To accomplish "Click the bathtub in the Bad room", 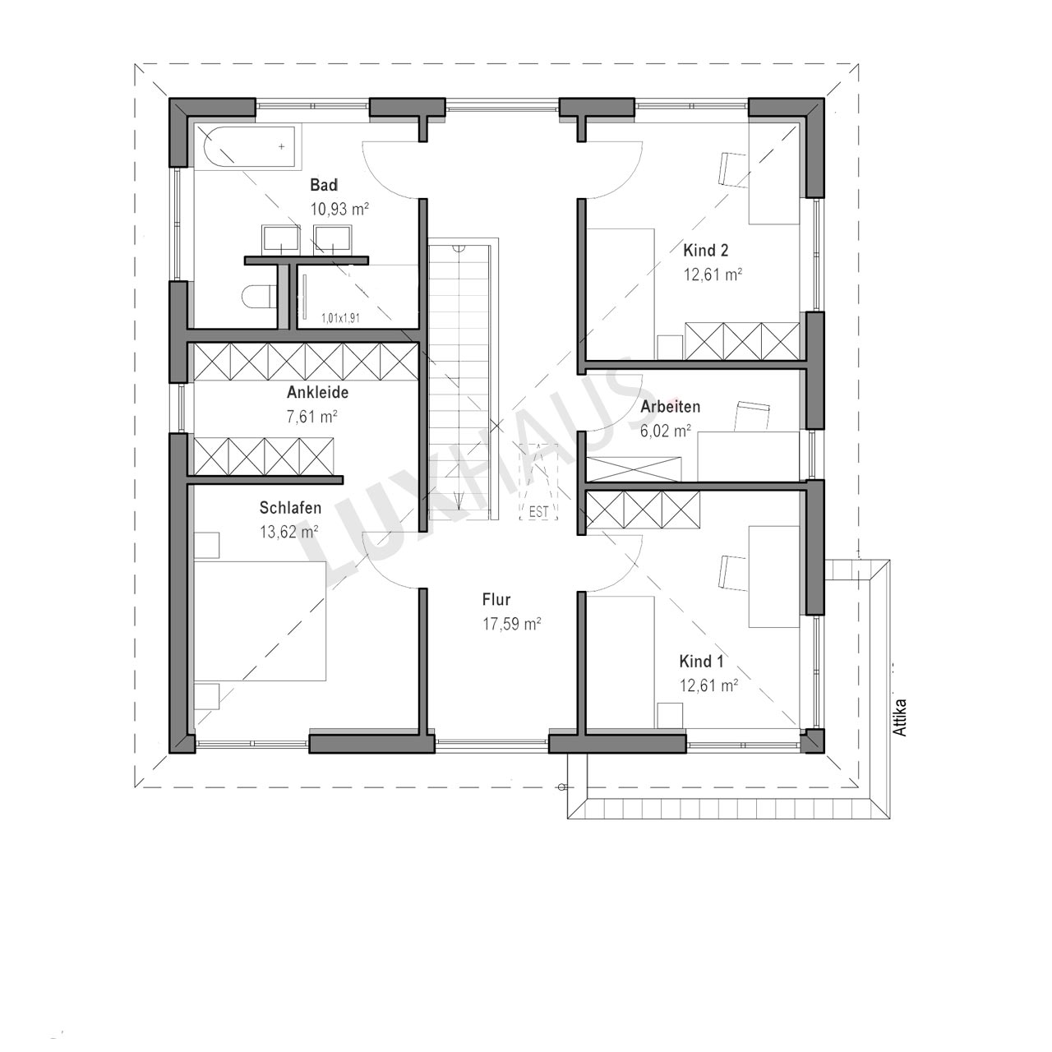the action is [249, 147].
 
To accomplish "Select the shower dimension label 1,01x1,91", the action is [340, 318].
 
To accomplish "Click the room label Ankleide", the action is [318, 393].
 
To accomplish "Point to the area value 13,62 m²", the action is [289, 532].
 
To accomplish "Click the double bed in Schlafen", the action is [260, 621].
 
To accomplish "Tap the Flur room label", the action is [496, 599].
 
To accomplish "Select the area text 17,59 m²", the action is [511, 624].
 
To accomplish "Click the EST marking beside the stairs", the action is [538, 512].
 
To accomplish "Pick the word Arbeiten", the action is [671, 407].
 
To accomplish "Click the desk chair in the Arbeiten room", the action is [752, 416].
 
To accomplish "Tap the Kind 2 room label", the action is [706, 251].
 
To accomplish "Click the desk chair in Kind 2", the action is [733, 170].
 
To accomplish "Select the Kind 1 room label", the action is [702, 662].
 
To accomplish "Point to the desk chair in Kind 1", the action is [733, 573].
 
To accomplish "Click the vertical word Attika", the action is [901, 717].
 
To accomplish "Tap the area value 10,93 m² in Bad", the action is [339, 209].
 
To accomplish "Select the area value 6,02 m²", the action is [666, 431].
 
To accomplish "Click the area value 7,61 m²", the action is [311, 417].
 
